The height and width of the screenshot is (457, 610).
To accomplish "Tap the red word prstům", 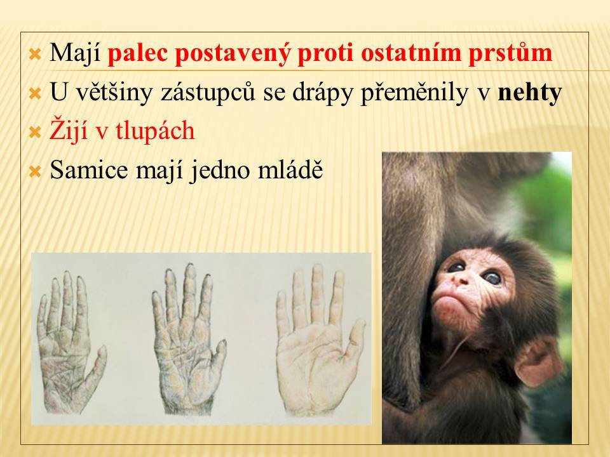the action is pos(510,53).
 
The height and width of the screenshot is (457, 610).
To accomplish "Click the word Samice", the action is pos(88,169).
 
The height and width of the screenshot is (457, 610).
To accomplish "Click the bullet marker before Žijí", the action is pos(35,133).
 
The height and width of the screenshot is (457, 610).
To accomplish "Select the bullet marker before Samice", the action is pos(35,171).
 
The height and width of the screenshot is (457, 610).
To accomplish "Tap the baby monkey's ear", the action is pos(538,362).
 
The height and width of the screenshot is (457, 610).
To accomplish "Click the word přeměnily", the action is pos(415,93).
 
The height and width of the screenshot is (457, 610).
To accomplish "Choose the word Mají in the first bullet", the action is pos(76,53).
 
